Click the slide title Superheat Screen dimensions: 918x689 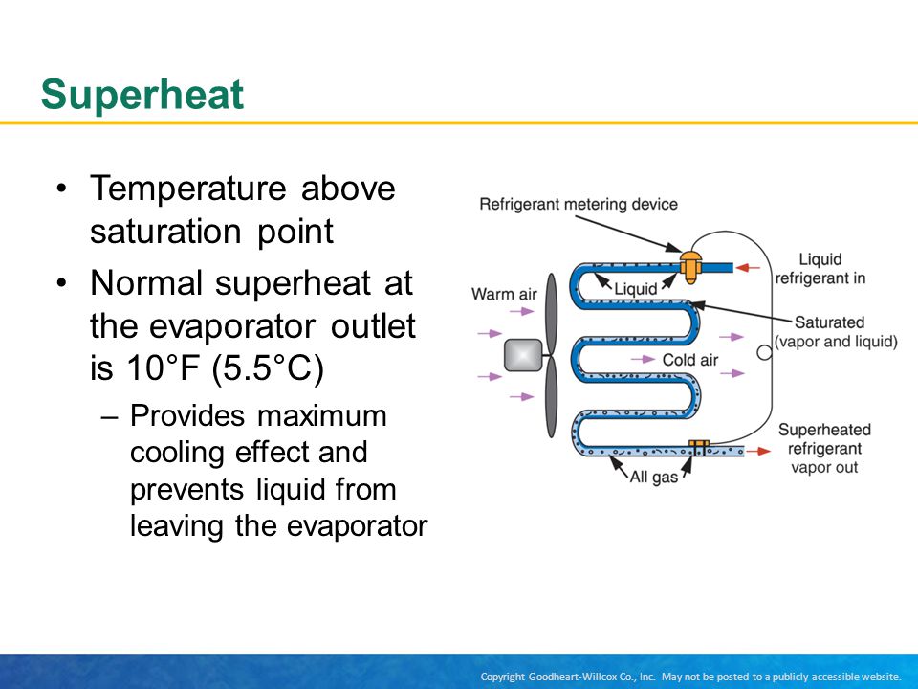click(142, 96)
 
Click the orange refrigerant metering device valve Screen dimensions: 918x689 click(690, 267)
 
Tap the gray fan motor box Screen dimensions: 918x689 click(523, 355)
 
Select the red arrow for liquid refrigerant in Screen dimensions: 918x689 click(748, 268)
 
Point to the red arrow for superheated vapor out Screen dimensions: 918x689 click(758, 451)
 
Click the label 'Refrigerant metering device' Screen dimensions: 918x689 click(579, 205)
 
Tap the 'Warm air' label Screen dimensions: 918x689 click(504, 294)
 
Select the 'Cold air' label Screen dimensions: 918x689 click(690, 360)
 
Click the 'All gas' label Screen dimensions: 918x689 click(653, 477)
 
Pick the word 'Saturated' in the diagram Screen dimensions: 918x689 click(829, 322)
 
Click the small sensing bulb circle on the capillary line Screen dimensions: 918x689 click(764, 353)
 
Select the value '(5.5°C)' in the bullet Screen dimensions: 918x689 click(268, 368)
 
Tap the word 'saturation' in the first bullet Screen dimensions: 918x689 click(165, 231)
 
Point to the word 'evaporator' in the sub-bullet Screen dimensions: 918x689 click(357, 525)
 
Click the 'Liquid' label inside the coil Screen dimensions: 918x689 click(635, 289)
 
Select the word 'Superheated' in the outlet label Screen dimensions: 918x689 click(824, 430)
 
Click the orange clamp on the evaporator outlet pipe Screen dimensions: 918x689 click(698, 448)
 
